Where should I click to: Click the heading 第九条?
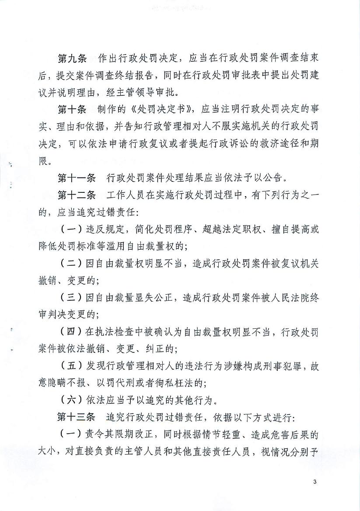(x=73, y=59)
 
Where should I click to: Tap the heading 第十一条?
(x=77, y=178)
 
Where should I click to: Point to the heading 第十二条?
(x=77, y=195)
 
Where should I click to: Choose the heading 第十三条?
(x=77, y=417)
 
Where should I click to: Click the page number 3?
(x=315, y=482)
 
